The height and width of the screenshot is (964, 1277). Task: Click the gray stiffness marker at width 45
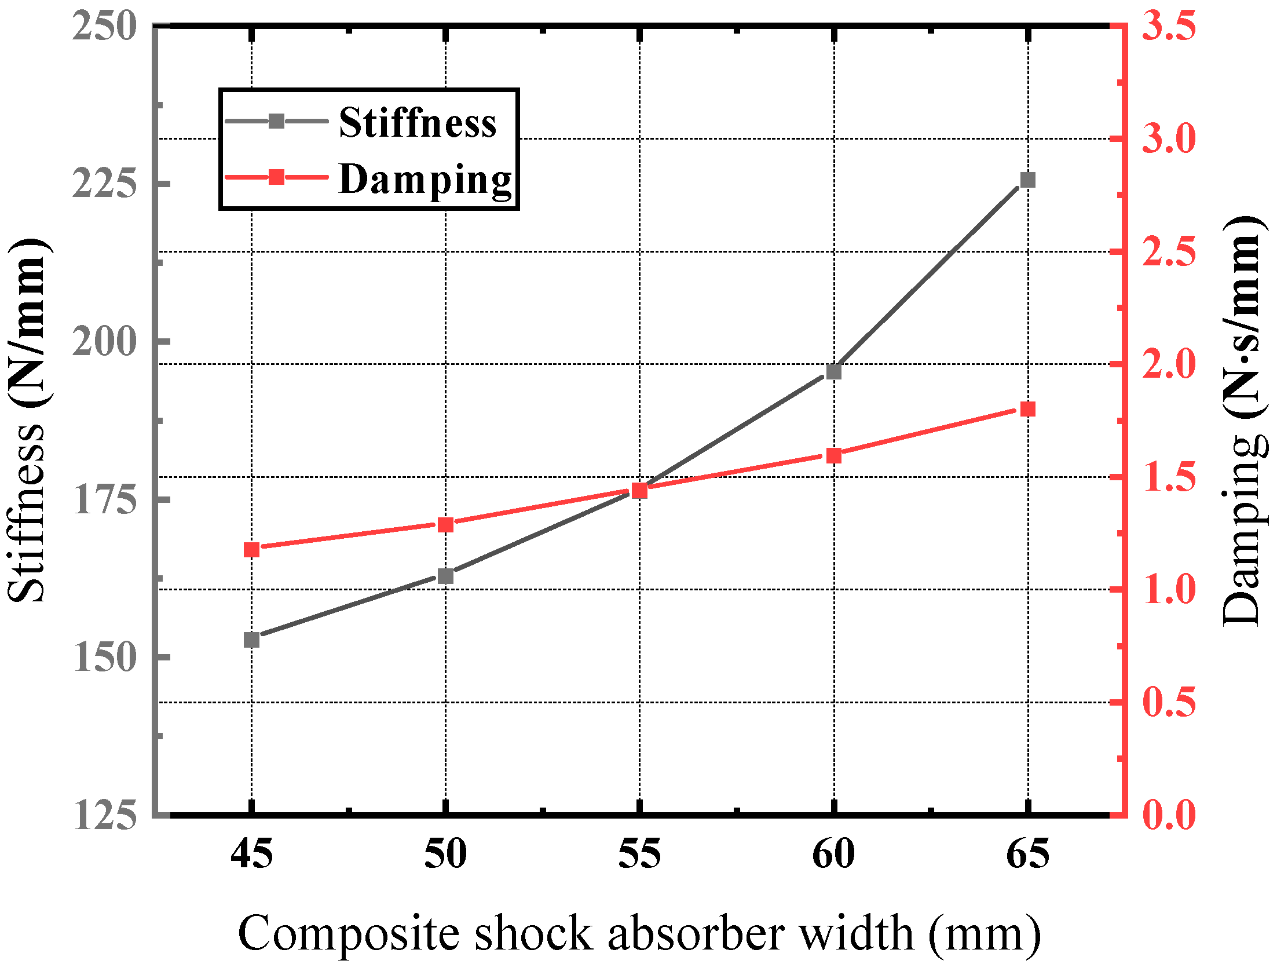tap(251, 640)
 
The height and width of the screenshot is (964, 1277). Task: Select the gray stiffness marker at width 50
tap(445, 576)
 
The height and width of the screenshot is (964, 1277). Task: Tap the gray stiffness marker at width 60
tap(833, 371)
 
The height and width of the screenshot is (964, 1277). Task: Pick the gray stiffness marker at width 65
tap(1027, 180)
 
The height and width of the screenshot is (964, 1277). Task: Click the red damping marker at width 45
tap(251, 549)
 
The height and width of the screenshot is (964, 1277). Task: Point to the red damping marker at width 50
tap(445, 525)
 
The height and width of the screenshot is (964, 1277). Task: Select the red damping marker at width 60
tap(833, 455)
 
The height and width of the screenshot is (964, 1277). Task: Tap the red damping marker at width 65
tap(1027, 409)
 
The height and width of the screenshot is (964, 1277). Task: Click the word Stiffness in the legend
tap(418, 123)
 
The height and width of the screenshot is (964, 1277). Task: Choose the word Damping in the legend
tap(425, 180)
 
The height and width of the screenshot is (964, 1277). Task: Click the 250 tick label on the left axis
tap(104, 27)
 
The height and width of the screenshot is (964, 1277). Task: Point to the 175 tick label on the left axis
tap(104, 499)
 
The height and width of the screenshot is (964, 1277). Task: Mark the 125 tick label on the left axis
tap(104, 815)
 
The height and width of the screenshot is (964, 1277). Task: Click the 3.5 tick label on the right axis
tap(1168, 27)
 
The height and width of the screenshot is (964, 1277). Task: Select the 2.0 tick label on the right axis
tap(1168, 364)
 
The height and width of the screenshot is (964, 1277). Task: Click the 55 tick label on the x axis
tap(639, 854)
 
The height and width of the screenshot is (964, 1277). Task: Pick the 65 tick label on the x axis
tap(1027, 854)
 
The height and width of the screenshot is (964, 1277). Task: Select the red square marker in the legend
tap(277, 177)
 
